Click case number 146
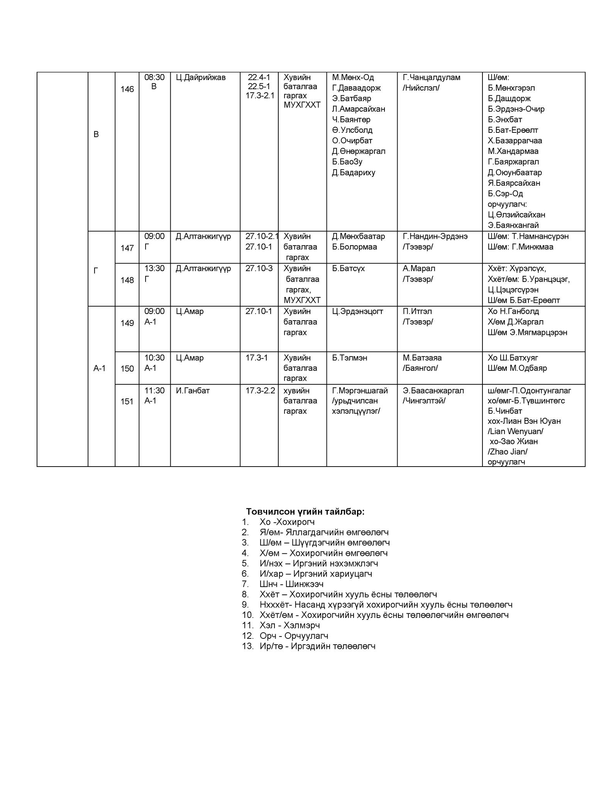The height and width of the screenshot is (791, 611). (x=127, y=89)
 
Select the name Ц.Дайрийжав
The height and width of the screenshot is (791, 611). (x=201, y=77)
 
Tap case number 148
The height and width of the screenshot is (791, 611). (x=127, y=280)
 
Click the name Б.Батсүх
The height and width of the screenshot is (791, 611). (x=348, y=268)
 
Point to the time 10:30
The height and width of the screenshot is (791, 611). (x=154, y=358)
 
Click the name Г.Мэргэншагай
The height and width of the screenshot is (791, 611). (x=360, y=390)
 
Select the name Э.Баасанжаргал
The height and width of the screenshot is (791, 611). (x=433, y=390)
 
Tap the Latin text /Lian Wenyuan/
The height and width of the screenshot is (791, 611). (x=515, y=431)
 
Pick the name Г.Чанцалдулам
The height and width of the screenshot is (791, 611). (x=432, y=77)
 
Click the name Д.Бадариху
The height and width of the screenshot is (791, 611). (x=354, y=172)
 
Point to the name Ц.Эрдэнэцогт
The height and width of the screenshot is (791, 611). (x=357, y=311)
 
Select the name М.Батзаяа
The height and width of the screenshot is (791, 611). (x=422, y=358)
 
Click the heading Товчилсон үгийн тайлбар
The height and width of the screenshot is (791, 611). (x=305, y=511)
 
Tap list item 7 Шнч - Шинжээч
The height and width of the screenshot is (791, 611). (x=291, y=584)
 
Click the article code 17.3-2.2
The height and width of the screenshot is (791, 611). (x=260, y=390)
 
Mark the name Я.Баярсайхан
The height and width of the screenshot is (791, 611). (x=514, y=183)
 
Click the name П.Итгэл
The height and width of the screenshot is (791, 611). (x=417, y=311)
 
